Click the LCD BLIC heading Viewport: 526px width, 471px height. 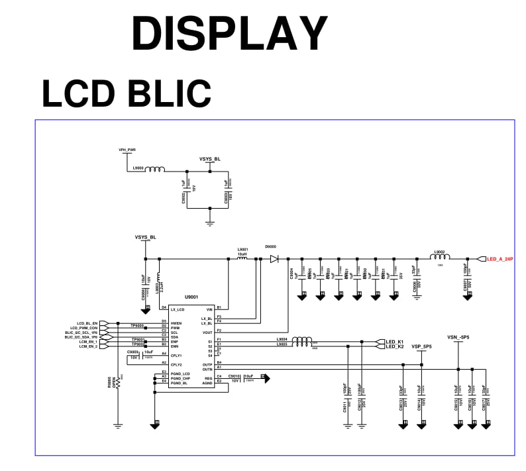pyautogui.click(x=126, y=93)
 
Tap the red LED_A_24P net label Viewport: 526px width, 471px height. pyautogui.click(x=500, y=259)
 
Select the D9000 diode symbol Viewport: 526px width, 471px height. pyautogui.click(x=274, y=259)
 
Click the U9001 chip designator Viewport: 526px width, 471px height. pyautogui.click(x=192, y=297)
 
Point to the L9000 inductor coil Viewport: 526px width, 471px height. pyautogui.click(x=155, y=170)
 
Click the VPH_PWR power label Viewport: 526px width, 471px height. pyautogui.click(x=127, y=150)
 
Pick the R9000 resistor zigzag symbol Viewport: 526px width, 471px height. pyautogui.click(x=119, y=384)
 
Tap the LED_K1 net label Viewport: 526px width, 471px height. pyautogui.click(x=395, y=341)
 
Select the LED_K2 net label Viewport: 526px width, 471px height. pyautogui.click(x=395, y=346)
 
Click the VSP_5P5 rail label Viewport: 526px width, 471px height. pyautogui.click(x=421, y=346)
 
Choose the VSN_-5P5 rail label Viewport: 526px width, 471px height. pyautogui.click(x=458, y=337)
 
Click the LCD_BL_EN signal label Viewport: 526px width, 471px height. pyautogui.click(x=87, y=323)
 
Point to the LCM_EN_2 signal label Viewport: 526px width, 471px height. pyautogui.click(x=88, y=346)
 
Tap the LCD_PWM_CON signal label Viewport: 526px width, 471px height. pyautogui.click(x=84, y=327)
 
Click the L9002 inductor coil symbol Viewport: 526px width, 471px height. pyautogui.click(x=439, y=258)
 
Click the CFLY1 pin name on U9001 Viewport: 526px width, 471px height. pyautogui.click(x=176, y=356)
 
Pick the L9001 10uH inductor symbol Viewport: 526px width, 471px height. pyautogui.click(x=242, y=258)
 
